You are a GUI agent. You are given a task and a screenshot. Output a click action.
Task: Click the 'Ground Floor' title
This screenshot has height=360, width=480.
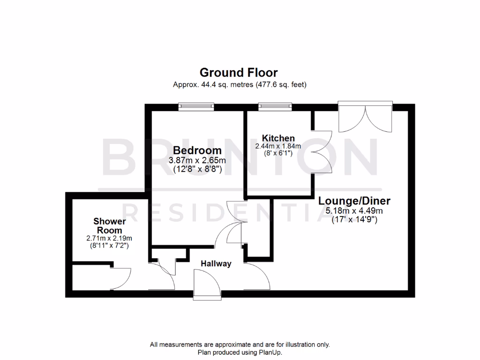[x=239, y=73]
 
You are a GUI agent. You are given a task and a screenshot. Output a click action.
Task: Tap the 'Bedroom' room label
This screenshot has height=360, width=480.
[x=197, y=150]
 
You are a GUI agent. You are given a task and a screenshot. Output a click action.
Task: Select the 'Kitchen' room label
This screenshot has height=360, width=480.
[x=278, y=138]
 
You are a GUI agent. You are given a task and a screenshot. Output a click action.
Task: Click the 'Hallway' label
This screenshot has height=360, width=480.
[x=216, y=263]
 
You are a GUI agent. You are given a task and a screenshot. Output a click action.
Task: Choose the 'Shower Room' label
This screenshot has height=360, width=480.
[x=109, y=225]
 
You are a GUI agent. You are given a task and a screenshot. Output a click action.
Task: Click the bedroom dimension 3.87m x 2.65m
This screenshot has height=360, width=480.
[x=197, y=160]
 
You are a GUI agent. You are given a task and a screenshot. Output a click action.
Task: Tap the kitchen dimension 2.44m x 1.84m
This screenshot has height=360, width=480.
[x=278, y=146]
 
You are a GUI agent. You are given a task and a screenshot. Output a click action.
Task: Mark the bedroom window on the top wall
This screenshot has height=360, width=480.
[x=196, y=107]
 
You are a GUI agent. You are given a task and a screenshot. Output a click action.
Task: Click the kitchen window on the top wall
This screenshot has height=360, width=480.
[x=276, y=107]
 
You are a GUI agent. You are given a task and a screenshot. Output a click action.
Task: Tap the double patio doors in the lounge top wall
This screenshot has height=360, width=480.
[x=365, y=117]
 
